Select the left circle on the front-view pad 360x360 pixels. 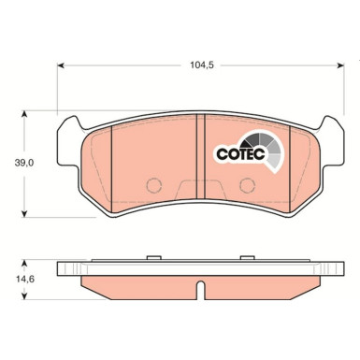(157, 183)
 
